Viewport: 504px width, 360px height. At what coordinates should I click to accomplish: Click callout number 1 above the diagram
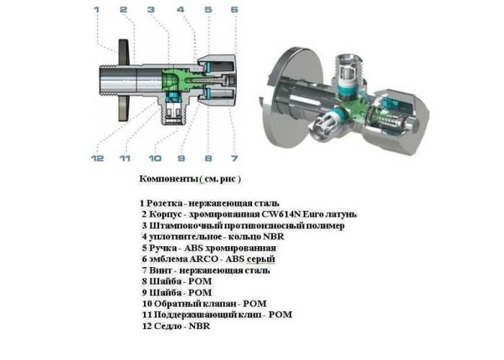click(96, 9)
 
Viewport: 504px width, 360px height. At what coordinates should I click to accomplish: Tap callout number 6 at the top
click(234, 9)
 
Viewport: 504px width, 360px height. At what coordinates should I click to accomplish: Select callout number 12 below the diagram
click(97, 158)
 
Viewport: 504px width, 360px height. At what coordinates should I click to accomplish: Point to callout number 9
click(181, 158)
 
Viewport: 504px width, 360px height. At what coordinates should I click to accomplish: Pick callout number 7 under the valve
click(234, 158)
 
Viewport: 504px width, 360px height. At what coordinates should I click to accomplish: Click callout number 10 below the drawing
click(155, 158)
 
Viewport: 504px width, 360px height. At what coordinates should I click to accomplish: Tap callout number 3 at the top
click(150, 9)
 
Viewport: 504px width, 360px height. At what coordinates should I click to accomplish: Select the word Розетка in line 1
click(164, 204)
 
